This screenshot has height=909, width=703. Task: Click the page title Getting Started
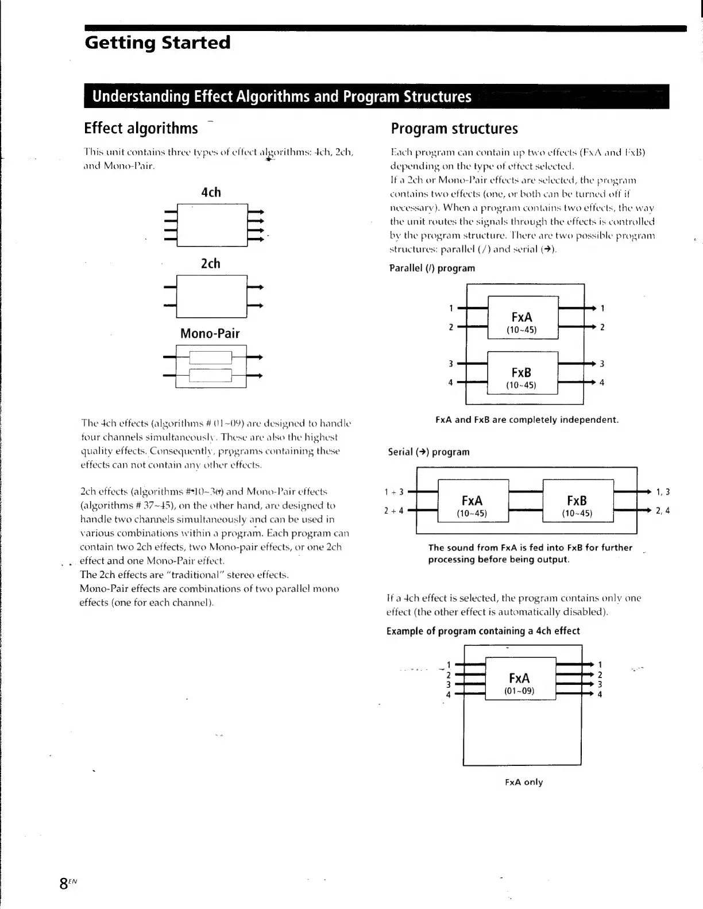point(157,43)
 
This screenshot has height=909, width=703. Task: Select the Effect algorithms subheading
point(141,128)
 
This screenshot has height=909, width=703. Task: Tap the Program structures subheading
point(454,129)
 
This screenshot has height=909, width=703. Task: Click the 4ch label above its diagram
point(211,192)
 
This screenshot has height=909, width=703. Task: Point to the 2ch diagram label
point(211,264)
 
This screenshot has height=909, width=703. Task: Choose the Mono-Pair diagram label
point(210,334)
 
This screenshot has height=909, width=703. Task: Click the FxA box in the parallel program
point(522,318)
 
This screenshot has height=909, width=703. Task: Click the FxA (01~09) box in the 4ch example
point(520,679)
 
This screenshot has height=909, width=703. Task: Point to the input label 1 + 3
point(394,492)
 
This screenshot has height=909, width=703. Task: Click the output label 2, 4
point(663,510)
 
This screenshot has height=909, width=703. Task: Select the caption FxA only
point(524,782)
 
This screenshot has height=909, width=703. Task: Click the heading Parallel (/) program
point(432,268)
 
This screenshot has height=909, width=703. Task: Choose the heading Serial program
point(428,452)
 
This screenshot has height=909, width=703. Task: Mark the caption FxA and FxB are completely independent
point(527,420)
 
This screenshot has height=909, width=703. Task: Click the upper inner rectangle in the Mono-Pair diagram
point(210,357)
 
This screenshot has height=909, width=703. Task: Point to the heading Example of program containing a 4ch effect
point(483,631)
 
